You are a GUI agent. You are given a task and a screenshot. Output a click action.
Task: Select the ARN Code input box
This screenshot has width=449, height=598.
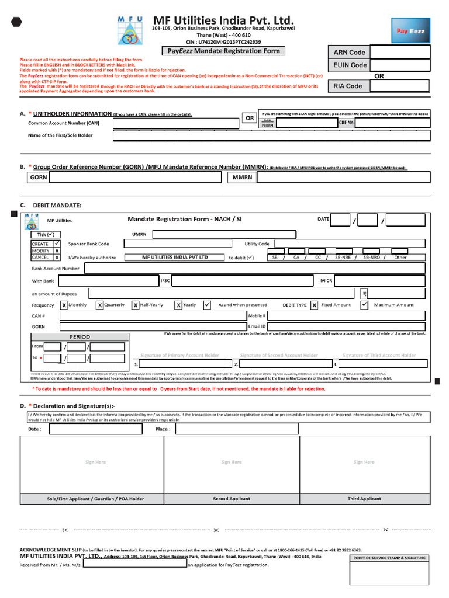[x=400, y=52]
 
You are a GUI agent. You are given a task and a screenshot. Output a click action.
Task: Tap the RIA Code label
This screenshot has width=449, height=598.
[x=347, y=86]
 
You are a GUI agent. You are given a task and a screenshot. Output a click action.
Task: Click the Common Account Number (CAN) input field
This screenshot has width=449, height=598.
[x=176, y=123]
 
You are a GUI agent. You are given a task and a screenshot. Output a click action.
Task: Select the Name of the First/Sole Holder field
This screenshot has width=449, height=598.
[x=271, y=135]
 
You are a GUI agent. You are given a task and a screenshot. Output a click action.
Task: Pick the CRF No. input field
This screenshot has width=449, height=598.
[x=392, y=123]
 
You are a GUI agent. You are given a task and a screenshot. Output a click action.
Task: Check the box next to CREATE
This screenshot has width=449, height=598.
[x=57, y=244]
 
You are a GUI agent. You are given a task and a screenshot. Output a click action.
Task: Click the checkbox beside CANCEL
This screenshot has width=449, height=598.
[x=57, y=257]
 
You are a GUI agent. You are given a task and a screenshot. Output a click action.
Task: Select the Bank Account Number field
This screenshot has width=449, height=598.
[x=257, y=268]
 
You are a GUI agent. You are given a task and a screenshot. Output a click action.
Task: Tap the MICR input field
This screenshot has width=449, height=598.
[x=381, y=281]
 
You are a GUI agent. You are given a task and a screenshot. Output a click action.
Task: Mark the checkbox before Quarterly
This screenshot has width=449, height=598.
[x=100, y=305]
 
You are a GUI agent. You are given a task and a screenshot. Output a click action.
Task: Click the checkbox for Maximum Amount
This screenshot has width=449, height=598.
[x=364, y=305]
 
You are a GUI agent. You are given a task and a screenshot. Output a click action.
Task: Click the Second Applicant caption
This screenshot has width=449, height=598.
[x=232, y=499]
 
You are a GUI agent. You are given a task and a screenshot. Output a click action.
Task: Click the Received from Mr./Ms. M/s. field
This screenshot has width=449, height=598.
[x=135, y=565]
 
